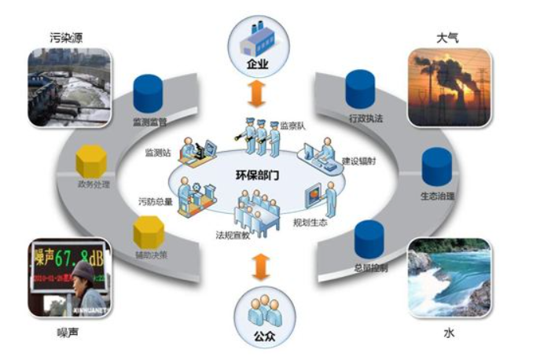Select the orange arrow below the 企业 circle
coord(255,93)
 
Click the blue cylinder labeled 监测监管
coord(147,94)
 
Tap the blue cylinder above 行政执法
coord(360,90)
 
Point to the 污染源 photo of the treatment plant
coord(68,86)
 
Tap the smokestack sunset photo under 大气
coord(450,87)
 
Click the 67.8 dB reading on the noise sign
coord(71,256)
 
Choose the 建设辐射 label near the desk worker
coord(358,161)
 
